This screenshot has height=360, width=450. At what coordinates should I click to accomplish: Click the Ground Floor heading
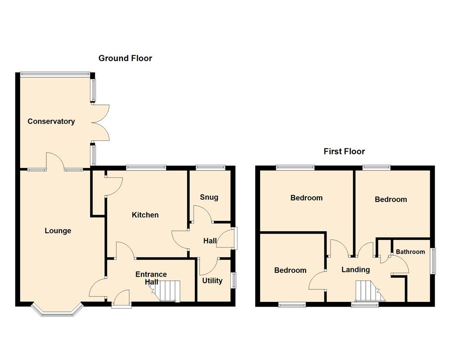(125, 58)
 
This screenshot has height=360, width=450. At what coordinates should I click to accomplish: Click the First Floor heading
(344, 151)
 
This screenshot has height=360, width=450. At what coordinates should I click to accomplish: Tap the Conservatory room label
(51, 121)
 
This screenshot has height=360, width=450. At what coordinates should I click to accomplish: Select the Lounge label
(58, 231)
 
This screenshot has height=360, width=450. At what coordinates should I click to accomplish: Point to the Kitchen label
(145, 215)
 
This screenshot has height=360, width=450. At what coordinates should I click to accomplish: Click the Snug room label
(209, 197)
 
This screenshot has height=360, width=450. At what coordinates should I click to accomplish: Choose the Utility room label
(212, 281)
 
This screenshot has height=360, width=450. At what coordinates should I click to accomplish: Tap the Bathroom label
(410, 252)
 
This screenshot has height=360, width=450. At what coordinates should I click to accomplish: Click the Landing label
(355, 270)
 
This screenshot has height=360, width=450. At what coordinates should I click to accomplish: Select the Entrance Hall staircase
(169, 291)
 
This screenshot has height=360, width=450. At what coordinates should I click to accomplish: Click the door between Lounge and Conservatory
(55, 162)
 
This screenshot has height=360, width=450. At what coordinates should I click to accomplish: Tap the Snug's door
(202, 214)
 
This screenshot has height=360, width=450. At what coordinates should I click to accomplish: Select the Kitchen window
(146, 168)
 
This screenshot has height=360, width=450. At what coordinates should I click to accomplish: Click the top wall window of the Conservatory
(54, 73)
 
